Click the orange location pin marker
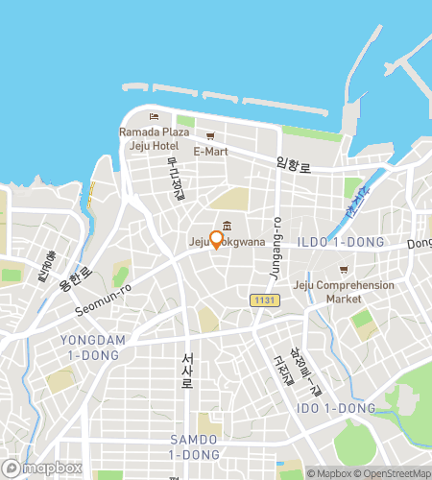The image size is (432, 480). [216, 239]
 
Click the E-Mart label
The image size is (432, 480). [210, 152]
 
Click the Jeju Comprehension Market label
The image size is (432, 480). [344, 292]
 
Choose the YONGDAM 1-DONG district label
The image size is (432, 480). [87, 348]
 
